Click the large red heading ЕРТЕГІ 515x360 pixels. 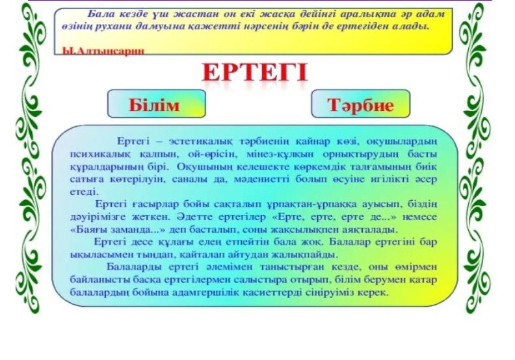tap(254, 72)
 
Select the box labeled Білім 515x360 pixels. tap(157, 103)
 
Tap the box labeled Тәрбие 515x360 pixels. tap(361, 103)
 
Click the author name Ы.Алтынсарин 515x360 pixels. tap(103, 51)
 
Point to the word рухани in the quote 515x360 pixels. tap(114, 27)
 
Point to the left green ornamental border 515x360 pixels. tap(31, 157)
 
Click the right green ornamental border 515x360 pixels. tap(475, 157)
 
